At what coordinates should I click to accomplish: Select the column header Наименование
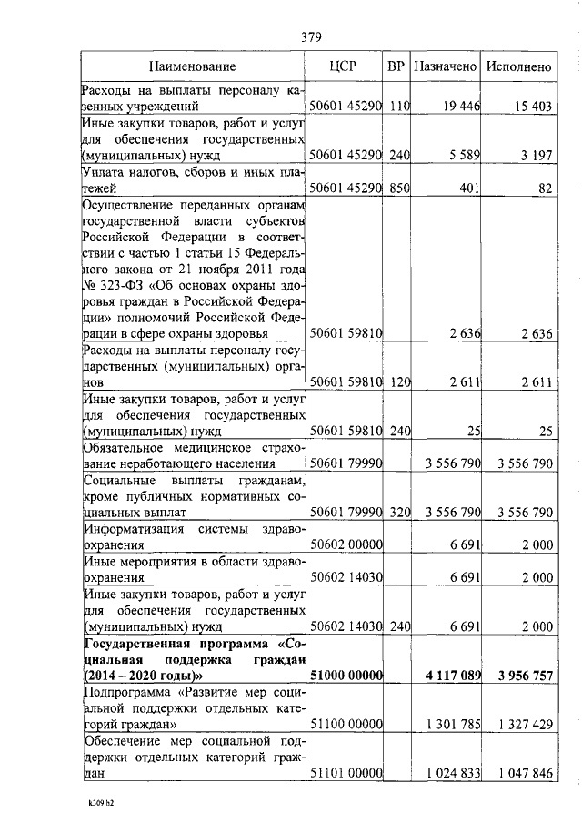coord(193,66)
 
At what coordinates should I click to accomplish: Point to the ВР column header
coord(396,66)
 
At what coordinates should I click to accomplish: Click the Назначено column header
coord(445,66)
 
